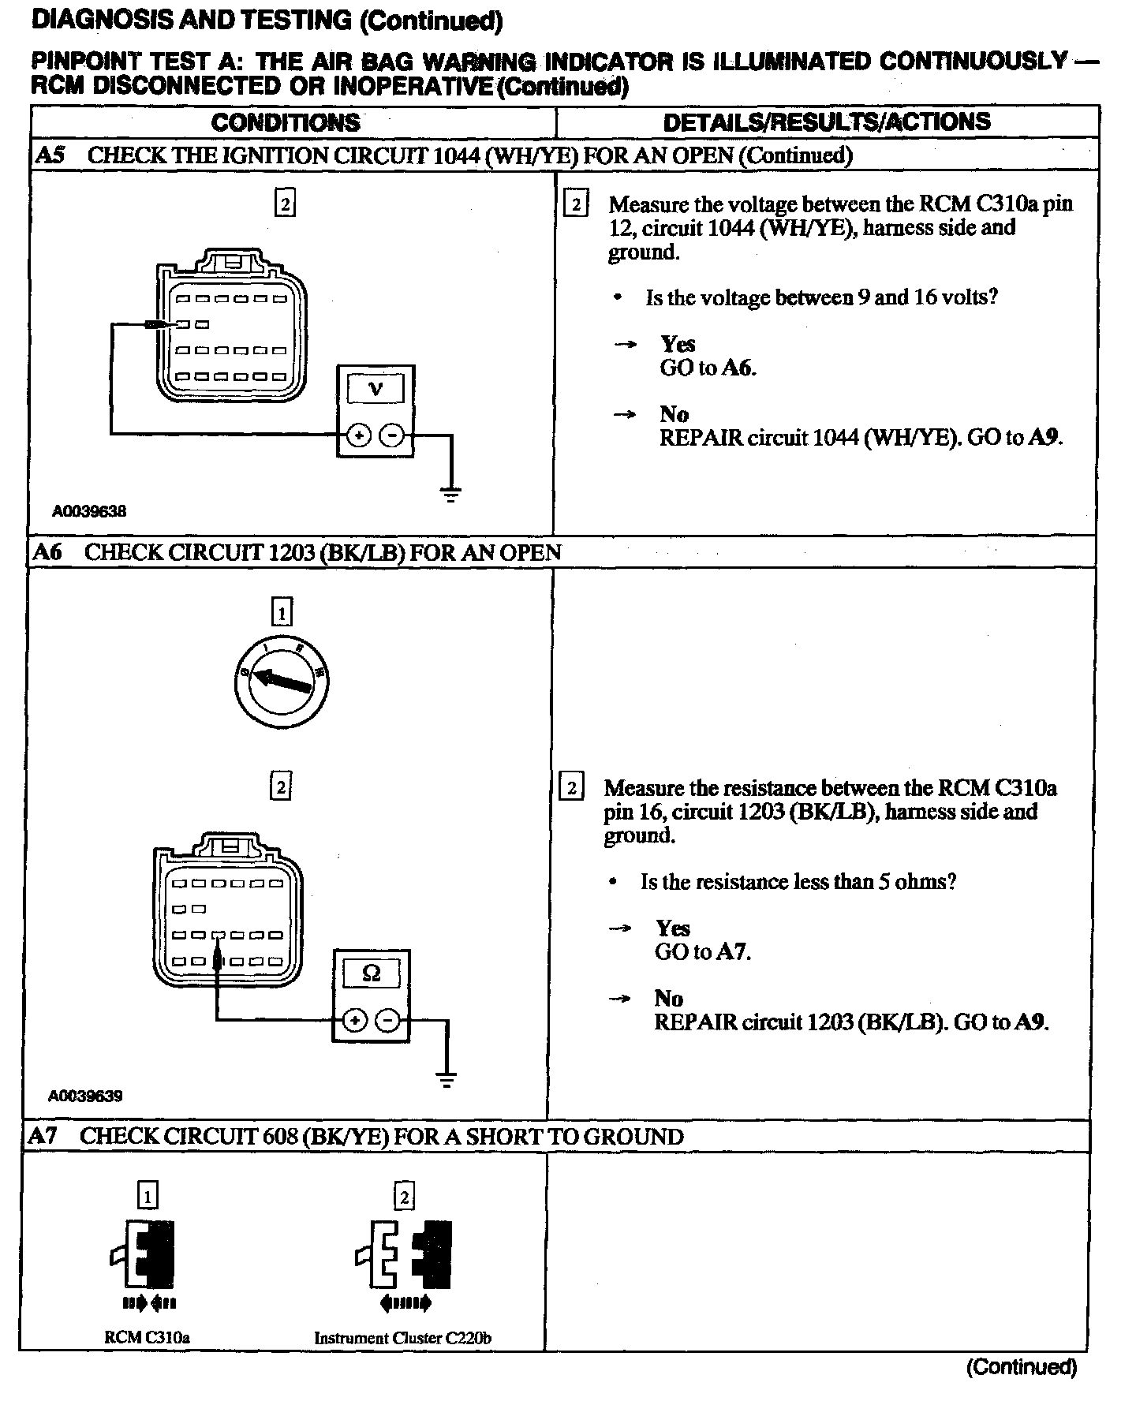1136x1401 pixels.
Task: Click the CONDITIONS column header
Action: point(286,122)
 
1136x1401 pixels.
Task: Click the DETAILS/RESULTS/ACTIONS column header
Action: point(826,121)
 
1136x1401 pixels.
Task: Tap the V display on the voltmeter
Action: point(376,389)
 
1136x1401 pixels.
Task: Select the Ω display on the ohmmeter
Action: point(371,973)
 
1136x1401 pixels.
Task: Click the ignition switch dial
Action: point(282,680)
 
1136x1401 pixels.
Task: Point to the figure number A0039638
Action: point(89,511)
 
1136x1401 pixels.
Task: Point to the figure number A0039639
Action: point(85,1096)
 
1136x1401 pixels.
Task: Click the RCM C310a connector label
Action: point(148,1338)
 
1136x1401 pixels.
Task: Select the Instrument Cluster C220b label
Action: point(403,1338)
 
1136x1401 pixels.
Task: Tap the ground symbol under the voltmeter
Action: point(450,495)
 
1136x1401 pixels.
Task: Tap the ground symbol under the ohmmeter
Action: point(447,1080)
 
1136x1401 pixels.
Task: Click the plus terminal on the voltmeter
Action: point(359,435)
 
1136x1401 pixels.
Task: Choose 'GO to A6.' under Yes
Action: point(708,368)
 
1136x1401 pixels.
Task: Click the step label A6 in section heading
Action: point(47,552)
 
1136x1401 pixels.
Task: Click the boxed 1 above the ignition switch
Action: point(282,612)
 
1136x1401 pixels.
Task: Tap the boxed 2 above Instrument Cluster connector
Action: point(403,1197)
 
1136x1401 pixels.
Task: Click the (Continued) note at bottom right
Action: point(1021,1367)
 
